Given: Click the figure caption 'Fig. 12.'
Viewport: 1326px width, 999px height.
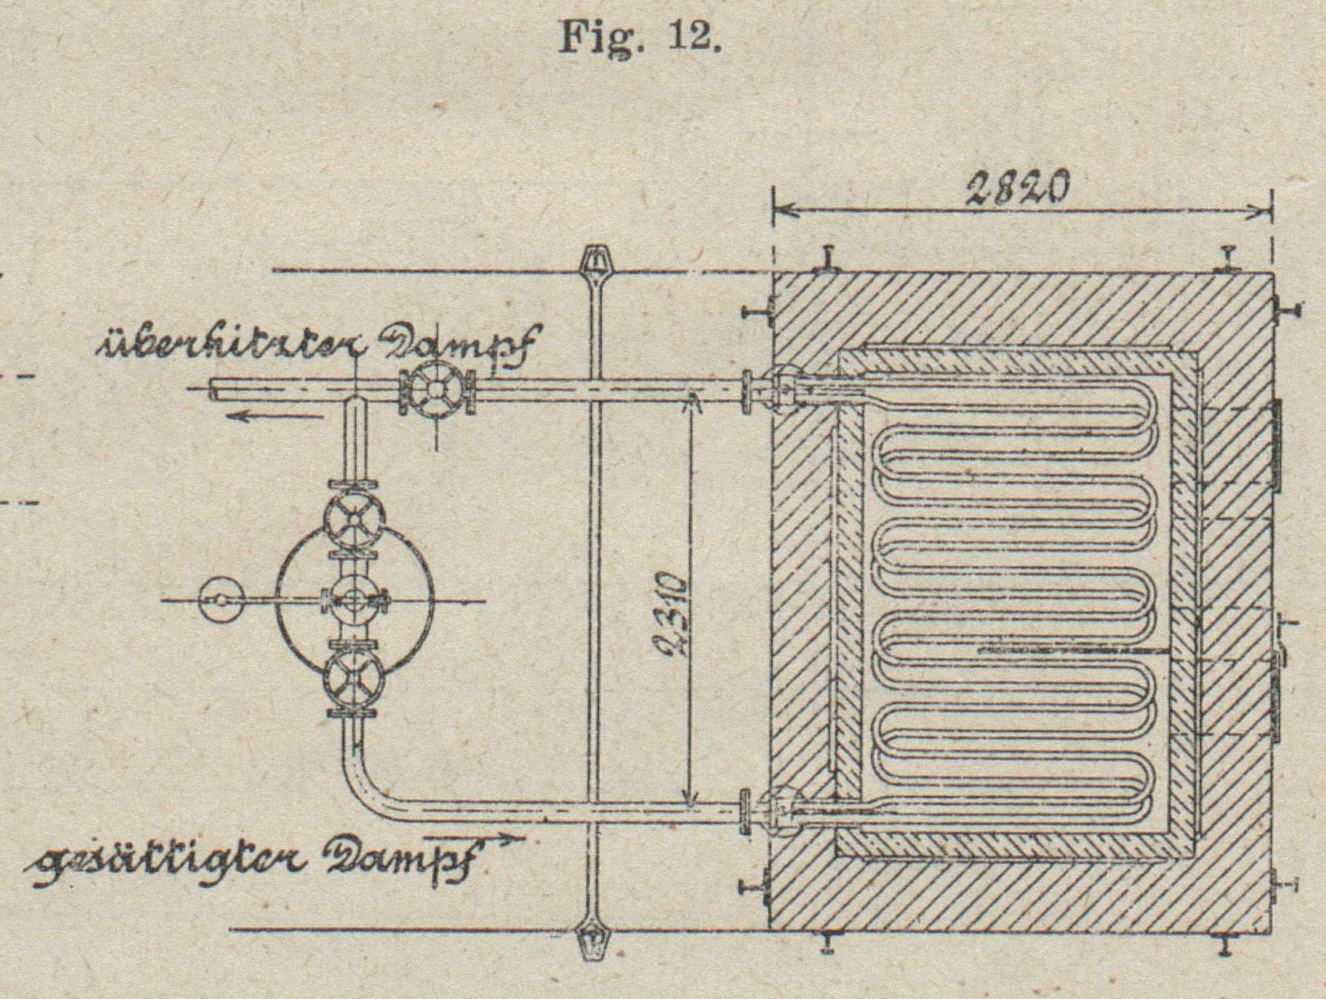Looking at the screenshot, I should coord(639,37).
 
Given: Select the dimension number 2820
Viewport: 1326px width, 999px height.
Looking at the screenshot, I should coord(1017,191).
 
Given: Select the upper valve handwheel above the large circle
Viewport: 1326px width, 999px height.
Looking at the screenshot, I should coord(354,519).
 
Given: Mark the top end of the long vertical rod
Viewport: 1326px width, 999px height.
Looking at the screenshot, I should coord(594,260).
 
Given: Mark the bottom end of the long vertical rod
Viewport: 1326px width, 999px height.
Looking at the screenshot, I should coord(593,940).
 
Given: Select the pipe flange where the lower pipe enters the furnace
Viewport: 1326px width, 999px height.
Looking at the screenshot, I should coord(746,812).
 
